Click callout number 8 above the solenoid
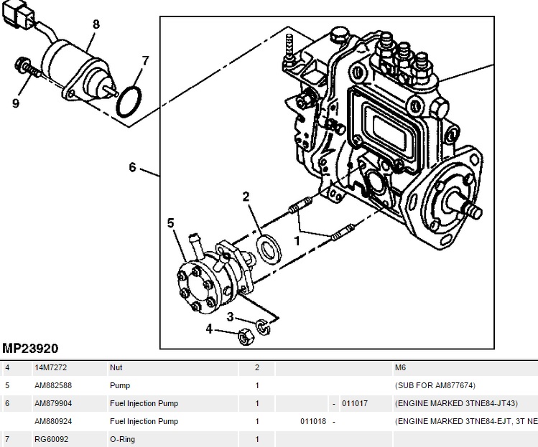point(96,24)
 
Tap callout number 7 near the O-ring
point(145,60)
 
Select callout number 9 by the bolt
point(15,103)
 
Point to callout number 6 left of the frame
point(132,167)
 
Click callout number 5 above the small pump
point(171,223)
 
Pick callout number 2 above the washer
point(246,196)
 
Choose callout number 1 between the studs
point(296,240)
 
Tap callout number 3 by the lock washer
point(230,316)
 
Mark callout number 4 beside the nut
point(210,329)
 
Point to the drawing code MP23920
point(30,349)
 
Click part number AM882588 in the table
point(52,385)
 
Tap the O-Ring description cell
point(122,439)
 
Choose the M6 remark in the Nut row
point(400,367)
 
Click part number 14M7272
point(50,367)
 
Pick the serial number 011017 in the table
point(354,403)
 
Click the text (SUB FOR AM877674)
point(435,385)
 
